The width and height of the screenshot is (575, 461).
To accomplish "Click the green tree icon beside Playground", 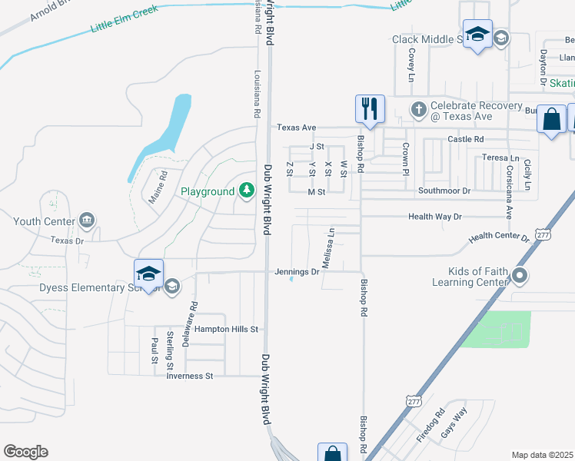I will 246,189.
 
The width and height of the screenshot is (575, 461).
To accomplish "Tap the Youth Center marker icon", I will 86,221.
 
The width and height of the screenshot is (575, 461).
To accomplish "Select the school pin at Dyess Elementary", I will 148,274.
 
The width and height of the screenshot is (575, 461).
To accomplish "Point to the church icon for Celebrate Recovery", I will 418,108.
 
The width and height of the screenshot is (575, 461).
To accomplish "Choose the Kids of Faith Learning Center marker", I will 520,274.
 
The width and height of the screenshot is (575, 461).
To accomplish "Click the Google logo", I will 25,452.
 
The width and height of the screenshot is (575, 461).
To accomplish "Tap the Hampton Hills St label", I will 225,329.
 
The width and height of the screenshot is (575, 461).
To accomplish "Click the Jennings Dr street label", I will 297,271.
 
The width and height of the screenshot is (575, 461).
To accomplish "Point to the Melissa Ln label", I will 327,247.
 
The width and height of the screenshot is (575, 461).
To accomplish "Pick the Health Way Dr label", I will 434,217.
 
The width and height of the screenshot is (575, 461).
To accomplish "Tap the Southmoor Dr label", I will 444,190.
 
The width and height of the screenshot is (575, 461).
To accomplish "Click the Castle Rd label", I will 467,139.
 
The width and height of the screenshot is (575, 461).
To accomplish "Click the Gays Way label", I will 454,424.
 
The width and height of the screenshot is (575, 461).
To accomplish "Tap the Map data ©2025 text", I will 543,455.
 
